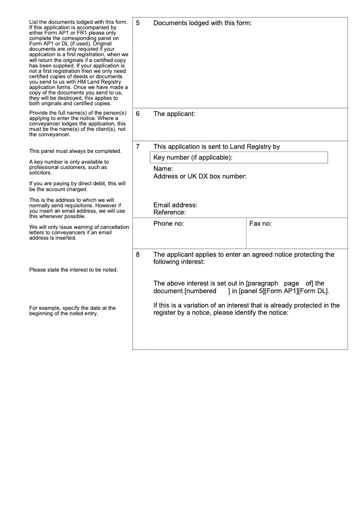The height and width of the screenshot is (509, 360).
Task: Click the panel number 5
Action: (x=138, y=23)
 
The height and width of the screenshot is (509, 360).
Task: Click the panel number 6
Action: (x=138, y=114)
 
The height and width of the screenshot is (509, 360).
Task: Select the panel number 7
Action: (x=138, y=147)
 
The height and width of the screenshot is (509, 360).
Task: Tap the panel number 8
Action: (x=138, y=254)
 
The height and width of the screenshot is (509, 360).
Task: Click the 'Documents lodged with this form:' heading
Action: (x=202, y=23)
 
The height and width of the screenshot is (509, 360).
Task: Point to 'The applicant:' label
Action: (x=174, y=114)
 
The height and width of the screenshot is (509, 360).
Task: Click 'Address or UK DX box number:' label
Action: (x=200, y=176)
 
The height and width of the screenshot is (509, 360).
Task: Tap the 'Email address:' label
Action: (x=175, y=205)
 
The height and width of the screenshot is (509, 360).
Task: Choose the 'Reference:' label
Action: (x=170, y=212)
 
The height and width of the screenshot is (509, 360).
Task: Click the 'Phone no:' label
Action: (x=168, y=223)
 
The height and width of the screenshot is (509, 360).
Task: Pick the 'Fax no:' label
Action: (x=261, y=223)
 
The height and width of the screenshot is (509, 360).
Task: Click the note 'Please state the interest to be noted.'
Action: (x=73, y=270)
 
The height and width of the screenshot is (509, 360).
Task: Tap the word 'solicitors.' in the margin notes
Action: (x=40, y=173)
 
